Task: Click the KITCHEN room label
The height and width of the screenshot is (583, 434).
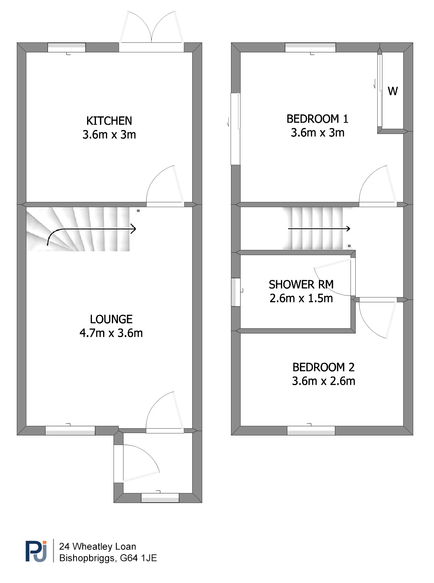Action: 109,121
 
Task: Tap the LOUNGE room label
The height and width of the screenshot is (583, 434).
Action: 111,319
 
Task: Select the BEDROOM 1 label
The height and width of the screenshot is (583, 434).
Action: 317,119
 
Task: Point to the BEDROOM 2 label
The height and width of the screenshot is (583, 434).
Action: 323,367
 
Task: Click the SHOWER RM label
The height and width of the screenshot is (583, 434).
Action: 301,284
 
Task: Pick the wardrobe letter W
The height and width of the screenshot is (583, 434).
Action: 392,91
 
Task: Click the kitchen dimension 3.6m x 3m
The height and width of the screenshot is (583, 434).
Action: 109,135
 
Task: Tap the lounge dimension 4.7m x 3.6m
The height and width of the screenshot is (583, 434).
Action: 111,333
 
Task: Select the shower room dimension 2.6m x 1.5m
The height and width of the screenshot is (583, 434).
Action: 301,298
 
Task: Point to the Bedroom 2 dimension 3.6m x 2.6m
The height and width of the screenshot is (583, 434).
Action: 323,381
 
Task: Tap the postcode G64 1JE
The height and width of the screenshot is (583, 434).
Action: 138,558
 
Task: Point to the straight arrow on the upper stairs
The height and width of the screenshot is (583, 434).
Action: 319,229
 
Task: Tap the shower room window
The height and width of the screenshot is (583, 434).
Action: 236,292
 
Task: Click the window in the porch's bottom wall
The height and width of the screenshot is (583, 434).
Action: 160,498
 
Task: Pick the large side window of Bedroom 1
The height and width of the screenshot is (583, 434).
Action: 235,129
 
